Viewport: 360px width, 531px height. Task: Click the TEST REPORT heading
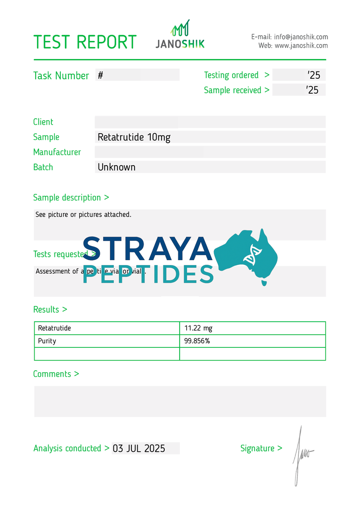tap(85, 42)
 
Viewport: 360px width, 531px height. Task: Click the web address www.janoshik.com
tap(301, 45)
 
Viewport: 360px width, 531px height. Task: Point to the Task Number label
tap(61, 76)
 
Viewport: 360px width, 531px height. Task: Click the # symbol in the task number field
tap(100, 76)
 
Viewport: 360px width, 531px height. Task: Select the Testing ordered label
tap(231, 75)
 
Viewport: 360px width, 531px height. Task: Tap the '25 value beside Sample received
tap(312, 90)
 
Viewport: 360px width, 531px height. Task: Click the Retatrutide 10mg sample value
tap(134, 137)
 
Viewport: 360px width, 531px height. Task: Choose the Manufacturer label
tap(57, 152)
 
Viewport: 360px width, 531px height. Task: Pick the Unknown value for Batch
tap(117, 167)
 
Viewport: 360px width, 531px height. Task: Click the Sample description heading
tap(71, 198)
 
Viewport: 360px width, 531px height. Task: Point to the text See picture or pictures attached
tap(83, 215)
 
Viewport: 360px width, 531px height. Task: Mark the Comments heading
tap(56, 374)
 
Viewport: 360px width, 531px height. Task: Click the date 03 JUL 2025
tap(139, 448)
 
